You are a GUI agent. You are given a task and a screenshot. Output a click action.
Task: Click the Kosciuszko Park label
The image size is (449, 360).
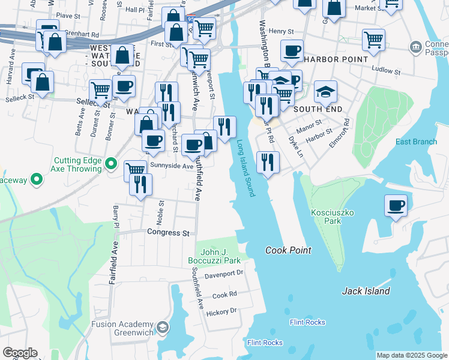pos(327,217)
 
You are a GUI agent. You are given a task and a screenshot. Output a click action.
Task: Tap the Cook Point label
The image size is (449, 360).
pos(287,250)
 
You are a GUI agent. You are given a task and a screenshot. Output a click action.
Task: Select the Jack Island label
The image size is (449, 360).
pos(366,291)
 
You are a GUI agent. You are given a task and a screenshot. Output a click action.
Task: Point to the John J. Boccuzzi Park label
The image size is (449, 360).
pos(220,257)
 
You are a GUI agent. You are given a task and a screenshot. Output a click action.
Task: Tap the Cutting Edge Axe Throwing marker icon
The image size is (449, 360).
pos(110,163)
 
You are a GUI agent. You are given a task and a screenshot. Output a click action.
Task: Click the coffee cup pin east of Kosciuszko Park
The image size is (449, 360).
pos(396,206)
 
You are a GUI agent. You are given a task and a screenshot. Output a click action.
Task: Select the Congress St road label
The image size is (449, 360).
pos(169,232)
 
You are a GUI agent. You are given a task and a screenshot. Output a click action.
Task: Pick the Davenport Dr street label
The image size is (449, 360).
pos(223,273)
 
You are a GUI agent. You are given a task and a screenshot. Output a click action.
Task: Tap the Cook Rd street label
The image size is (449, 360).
pos(224,295)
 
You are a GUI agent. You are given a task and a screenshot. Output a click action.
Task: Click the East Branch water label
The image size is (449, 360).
pos(416,142)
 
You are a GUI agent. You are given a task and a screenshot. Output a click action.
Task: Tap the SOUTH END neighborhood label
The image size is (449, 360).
pos(318,109)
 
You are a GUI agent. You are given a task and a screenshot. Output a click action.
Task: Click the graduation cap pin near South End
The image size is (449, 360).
pos(325,91)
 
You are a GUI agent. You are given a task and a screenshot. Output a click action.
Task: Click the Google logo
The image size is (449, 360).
pos(20,353)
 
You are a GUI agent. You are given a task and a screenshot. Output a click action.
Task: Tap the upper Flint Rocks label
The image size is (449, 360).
pos(307,322)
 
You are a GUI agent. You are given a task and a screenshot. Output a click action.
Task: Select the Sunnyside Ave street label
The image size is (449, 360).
pos(172,166)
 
